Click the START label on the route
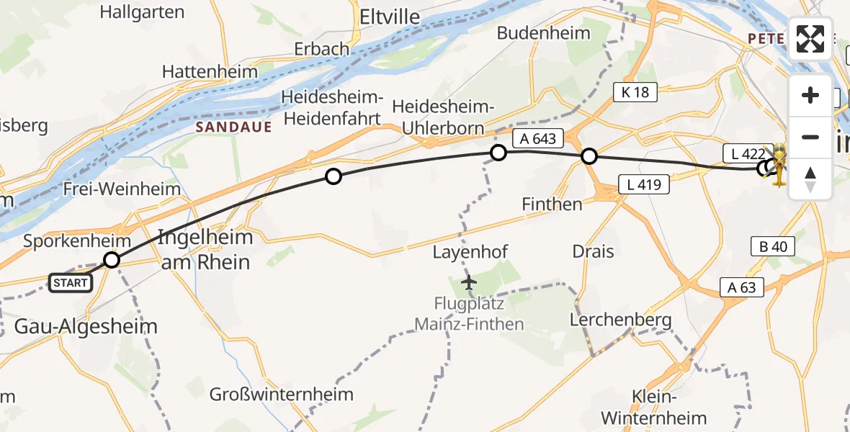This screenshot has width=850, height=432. point(71,283)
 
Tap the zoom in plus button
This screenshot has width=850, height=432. point(810,96)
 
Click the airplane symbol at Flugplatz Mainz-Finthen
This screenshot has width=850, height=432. point(470,281)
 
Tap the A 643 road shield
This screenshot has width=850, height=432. point(534,138)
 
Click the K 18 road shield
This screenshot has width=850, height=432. point(635,91)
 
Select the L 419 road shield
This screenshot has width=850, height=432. point(643,184)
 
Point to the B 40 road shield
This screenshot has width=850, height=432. point(772,246)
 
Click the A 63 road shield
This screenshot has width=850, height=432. point(741,288)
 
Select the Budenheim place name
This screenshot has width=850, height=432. point(544,32)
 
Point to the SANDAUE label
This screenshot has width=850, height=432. point(234,127)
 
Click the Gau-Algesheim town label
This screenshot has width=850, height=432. point(86,326)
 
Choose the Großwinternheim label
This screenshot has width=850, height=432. point(282,394)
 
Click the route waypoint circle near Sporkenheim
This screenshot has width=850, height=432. point(112,260)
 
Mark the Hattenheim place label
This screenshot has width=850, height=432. point(210,72)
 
